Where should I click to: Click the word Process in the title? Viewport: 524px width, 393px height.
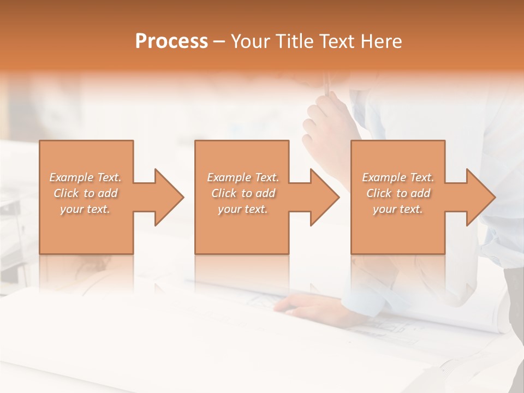[x=171, y=41]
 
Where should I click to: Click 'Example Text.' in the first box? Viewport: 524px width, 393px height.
[x=85, y=177]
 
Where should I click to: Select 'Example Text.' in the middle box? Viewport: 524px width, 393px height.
[x=243, y=177]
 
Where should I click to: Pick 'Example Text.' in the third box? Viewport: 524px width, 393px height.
[x=398, y=177]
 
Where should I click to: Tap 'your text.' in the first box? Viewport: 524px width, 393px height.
[x=85, y=209]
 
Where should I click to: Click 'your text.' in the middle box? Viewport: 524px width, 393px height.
[x=243, y=209]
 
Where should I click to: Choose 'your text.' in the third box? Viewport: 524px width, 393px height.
[x=398, y=209]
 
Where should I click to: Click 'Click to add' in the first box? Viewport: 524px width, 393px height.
[x=85, y=193]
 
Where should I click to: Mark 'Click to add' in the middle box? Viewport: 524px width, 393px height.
[x=243, y=193]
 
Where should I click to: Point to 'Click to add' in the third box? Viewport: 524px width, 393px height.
[x=398, y=193]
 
